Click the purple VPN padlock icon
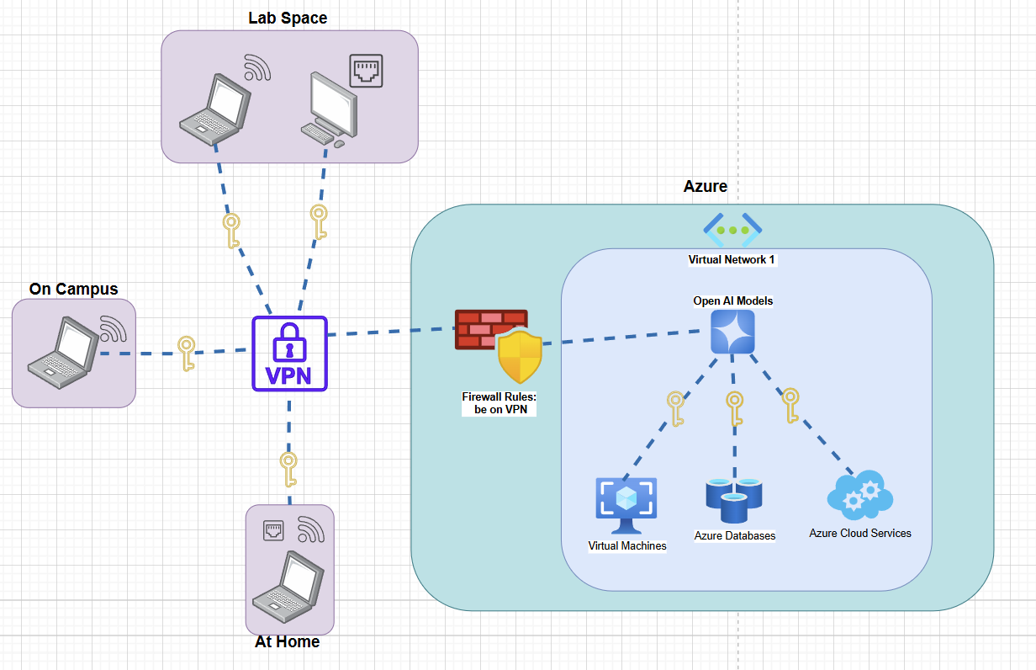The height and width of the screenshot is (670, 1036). (289, 354)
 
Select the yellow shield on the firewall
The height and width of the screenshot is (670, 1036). (520, 357)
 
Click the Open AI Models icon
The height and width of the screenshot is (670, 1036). (732, 332)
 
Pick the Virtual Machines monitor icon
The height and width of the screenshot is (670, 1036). (626, 505)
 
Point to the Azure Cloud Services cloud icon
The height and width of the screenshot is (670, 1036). (859, 497)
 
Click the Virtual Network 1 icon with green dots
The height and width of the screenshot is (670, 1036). (732, 230)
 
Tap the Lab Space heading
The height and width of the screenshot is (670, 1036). (288, 18)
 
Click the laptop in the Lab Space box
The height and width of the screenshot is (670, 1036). (215, 105)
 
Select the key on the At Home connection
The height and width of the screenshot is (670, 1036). (288, 469)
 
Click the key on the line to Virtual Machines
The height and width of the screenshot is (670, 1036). (675, 408)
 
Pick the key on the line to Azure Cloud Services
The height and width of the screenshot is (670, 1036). (790, 405)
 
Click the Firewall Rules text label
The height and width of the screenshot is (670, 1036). (499, 402)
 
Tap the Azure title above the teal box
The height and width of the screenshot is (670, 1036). (705, 187)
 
